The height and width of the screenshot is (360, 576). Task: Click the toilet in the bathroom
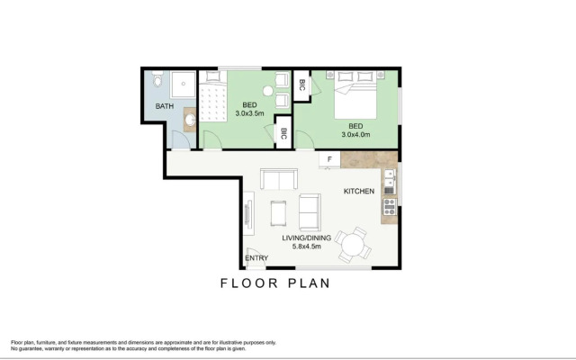(158, 78)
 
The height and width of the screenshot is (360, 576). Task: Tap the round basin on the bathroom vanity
(190, 120)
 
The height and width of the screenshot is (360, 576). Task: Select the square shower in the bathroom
(183, 85)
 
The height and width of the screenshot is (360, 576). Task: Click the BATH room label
(164, 106)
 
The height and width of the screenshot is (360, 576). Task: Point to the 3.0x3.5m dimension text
(249, 113)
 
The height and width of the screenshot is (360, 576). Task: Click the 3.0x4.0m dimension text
(355, 134)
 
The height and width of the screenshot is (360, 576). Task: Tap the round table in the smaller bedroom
(268, 91)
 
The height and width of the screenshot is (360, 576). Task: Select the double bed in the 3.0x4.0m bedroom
(355, 94)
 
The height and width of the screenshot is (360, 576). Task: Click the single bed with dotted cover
(212, 96)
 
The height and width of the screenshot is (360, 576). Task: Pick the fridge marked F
(329, 159)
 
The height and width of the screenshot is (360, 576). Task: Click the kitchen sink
(389, 182)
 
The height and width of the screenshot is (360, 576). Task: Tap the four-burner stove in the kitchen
(390, 207)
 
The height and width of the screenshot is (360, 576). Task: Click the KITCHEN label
(359, 191)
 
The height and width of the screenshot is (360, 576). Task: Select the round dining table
(352, 244)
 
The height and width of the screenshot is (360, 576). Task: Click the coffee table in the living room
(278, 213)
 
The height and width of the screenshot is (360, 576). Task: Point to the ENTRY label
(256, 258)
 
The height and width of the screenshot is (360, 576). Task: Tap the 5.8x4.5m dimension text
(306, 246)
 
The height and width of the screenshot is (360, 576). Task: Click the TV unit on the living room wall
(248, 213)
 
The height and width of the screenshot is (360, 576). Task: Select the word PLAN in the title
(309, 283)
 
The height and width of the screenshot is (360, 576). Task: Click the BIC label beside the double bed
(302, 85)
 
